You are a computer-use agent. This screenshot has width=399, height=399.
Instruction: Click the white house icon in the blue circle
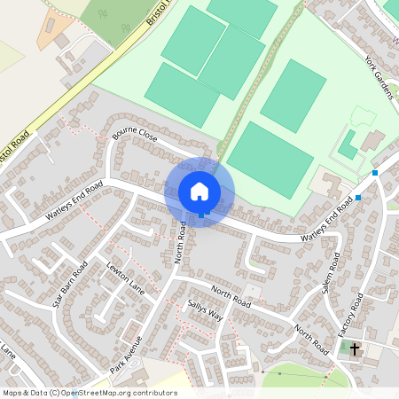point(199,191)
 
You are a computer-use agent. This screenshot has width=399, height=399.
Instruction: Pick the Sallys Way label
point(205,315)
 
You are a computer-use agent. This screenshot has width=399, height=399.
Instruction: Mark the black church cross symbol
point(355,349)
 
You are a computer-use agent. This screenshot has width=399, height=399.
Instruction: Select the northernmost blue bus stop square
point(375,172)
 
